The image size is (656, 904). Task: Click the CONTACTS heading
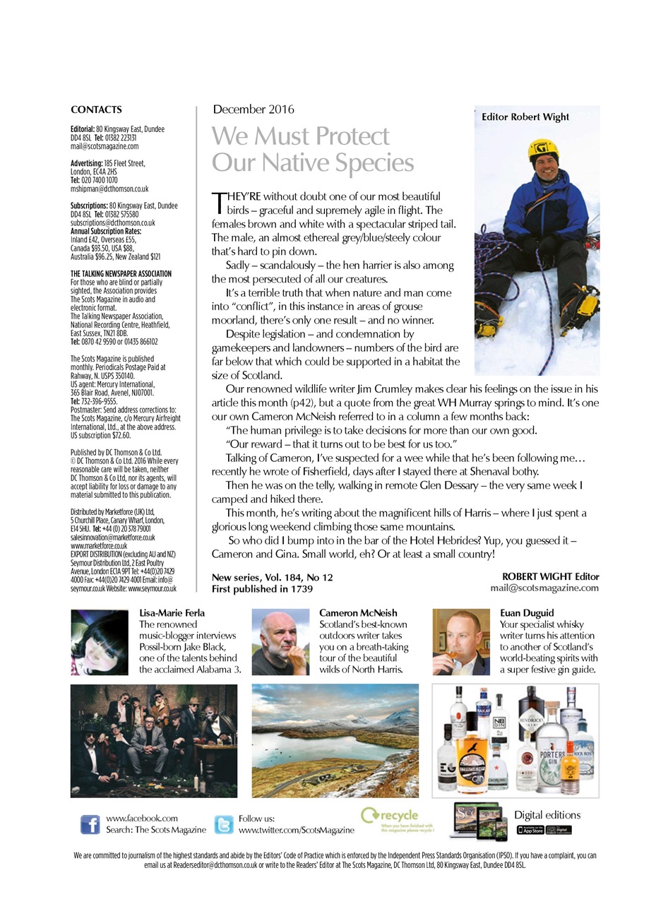click(96, 109)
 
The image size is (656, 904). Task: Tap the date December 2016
click(254, 109)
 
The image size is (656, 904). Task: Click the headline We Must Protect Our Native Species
click(312, 149)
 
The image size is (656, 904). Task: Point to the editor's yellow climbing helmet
click(542, 149)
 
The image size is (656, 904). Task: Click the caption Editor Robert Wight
click(525, 117)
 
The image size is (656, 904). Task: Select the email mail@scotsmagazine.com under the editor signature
click(544, 588)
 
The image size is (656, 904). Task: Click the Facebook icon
click(90, 824)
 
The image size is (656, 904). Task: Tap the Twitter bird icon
click(223, 824)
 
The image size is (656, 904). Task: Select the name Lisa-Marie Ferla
click(172, 613)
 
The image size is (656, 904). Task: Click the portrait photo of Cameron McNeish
click(280, 642)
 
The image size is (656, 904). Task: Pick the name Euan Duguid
click(527, 613)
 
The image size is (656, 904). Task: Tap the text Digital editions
click(547, 815)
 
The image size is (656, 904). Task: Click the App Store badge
click(530, 830)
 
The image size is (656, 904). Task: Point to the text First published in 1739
click(262, 588)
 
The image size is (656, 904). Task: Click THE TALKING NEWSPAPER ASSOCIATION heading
click(121, 273)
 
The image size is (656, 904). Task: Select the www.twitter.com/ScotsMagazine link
click(296, 830)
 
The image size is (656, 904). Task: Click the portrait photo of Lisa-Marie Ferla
click(100, 642)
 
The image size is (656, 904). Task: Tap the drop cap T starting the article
click(218, 203)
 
